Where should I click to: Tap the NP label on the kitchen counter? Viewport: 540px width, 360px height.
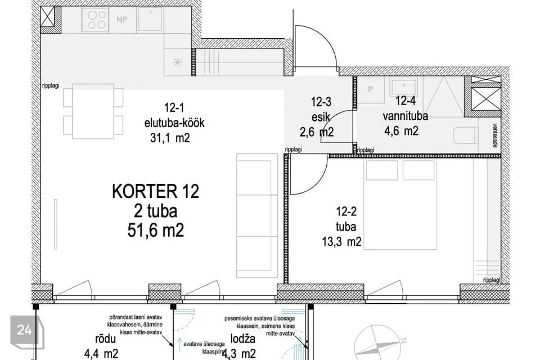(121, 20)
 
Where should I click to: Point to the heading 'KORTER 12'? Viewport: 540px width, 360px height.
(155, 192)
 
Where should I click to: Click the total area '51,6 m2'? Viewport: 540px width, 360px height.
(156, 230)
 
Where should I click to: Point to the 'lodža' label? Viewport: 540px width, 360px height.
(244, 340)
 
